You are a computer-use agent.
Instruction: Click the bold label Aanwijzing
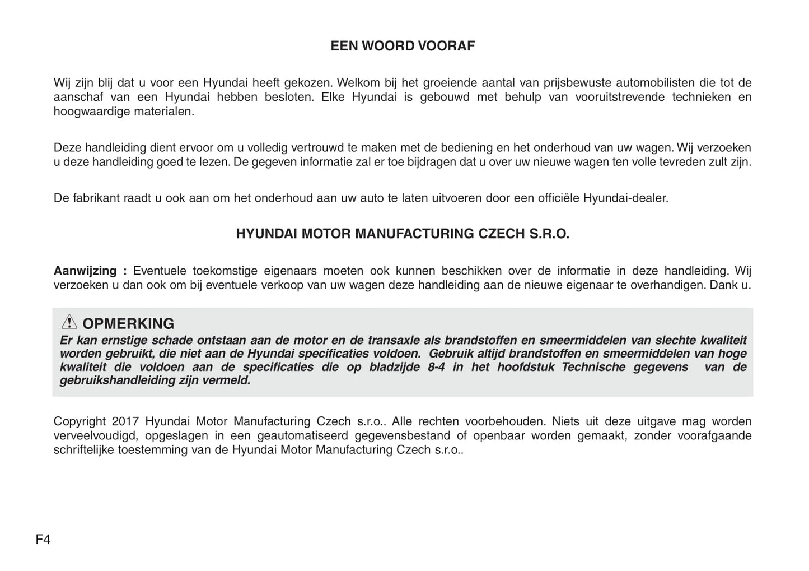(85, 271)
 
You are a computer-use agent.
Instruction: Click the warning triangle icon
(69, 322)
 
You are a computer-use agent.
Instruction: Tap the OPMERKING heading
(128, 324)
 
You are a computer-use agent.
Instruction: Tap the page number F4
(43, 540)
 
